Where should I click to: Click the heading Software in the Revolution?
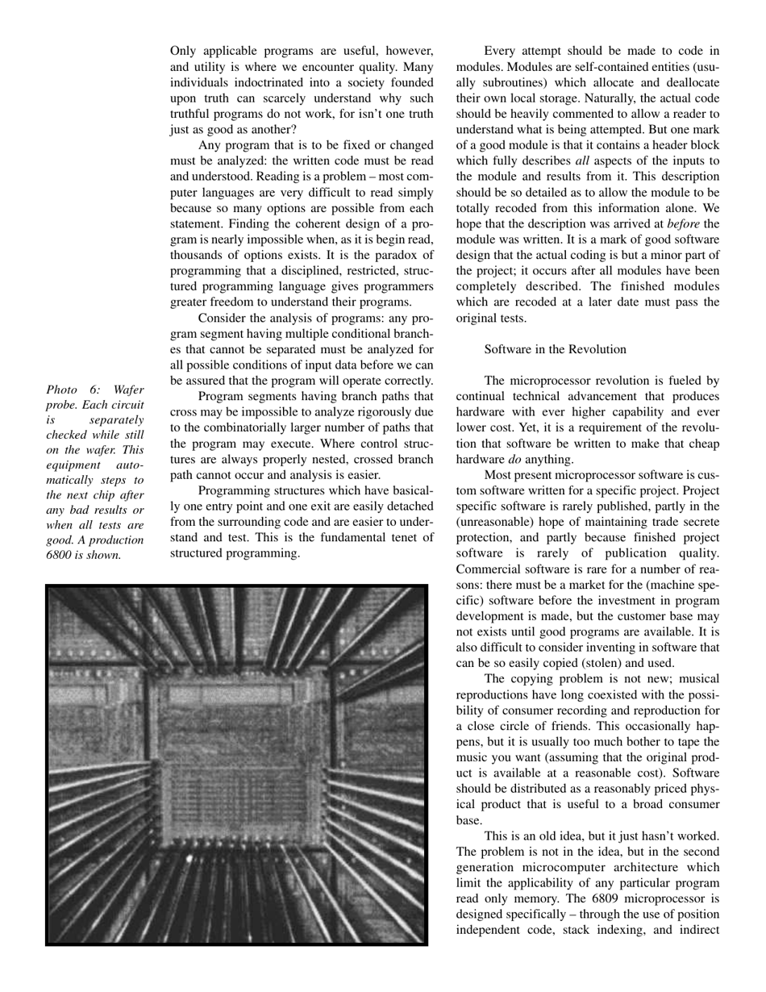tap(555, 349)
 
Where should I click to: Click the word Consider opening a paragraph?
tap(226, 319)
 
